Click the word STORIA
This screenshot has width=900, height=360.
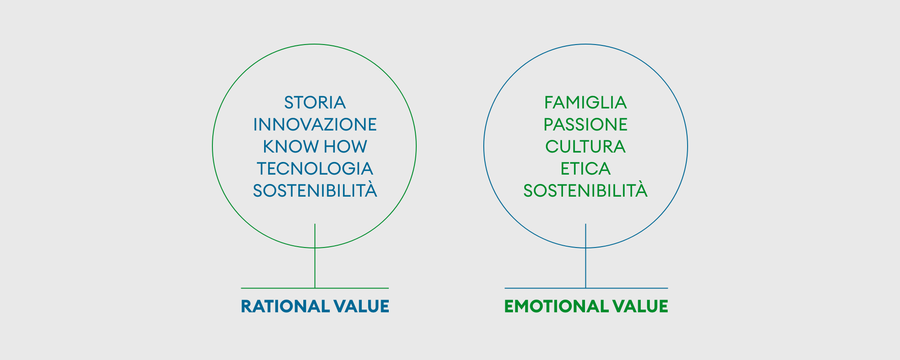pos(315,103)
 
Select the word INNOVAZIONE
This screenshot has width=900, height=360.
pos(315,125)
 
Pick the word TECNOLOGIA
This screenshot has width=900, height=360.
pos(315,169)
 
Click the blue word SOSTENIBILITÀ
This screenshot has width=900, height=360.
pos(315,190)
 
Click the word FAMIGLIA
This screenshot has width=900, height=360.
pos(585,103)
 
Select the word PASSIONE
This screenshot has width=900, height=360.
pos(585,125)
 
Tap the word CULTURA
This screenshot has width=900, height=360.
pos(585,147)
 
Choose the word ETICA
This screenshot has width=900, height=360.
pos(585,169)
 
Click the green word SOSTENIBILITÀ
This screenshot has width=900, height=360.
pos(585,190)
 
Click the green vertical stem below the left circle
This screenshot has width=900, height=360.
pos(315,256)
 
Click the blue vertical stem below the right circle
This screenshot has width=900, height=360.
pos(585,256)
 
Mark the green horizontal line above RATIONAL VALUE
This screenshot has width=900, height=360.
pos(315,288)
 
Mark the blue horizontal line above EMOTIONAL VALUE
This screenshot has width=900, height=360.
pos(586,288)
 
